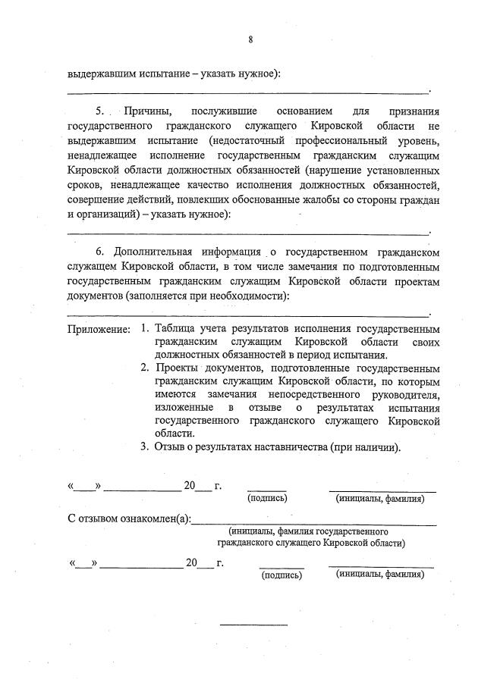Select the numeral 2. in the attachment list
click(x=144, y=368)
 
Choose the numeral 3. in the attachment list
click(x=144, y=447)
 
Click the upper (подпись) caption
click(x=266, y=499)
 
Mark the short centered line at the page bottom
click(x=253, y=625)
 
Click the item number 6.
click(x=99, y=251)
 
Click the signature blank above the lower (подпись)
click(x=281, y=565)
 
